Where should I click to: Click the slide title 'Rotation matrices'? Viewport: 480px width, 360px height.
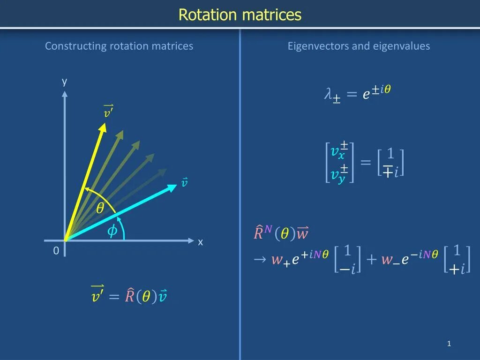(x=240, y=15)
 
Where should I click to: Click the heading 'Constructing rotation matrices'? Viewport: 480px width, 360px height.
(x=119, y=46)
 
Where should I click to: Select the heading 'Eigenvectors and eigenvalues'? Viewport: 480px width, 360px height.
(x=359, y=46)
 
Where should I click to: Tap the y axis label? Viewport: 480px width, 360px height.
(x=65, y=82)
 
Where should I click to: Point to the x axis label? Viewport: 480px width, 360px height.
(x=200, y=242)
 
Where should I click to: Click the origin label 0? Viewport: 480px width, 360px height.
(x=56, y=251)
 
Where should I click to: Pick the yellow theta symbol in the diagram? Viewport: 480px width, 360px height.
(x=100, y=209)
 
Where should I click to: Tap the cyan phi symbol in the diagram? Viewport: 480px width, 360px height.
(x=112, y=231)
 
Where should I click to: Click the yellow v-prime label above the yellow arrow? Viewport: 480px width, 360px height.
(x=108, y=112)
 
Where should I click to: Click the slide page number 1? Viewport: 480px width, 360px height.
(x=449, y=344)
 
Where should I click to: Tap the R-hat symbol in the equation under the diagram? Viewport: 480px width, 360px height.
(x=130, y=296)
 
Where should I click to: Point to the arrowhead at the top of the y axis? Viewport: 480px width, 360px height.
(x=65, y=93)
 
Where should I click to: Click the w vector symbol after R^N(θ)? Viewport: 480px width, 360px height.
(x=302, y=232)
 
